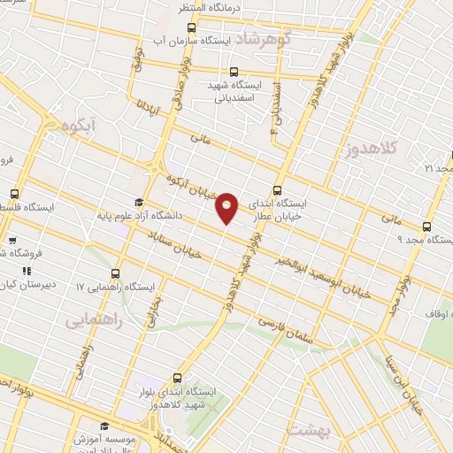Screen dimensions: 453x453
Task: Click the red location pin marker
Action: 227,208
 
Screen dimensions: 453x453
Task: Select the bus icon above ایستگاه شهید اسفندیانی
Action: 234,72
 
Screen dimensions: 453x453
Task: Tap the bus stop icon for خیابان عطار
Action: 278,189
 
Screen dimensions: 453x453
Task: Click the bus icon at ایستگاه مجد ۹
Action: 428,226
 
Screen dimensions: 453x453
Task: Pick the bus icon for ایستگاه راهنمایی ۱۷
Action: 118,273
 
